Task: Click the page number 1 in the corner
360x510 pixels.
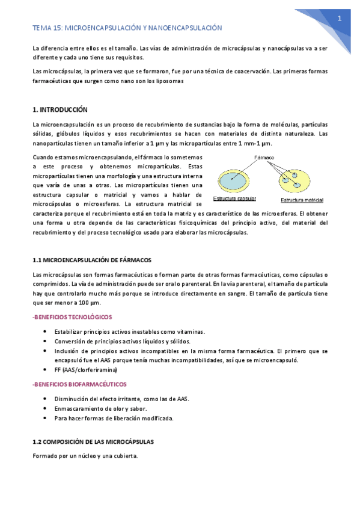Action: (340, 18)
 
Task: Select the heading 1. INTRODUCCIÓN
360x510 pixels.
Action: (59, 110)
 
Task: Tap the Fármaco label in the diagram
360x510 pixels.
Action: (264, 158)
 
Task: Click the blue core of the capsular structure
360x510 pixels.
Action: (234, 179)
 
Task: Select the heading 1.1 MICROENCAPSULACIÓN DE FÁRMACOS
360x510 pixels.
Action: (91, 260)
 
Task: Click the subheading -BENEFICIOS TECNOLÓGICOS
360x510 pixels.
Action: (72, 317)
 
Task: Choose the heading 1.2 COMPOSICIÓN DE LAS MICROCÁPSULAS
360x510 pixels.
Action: (93, 441)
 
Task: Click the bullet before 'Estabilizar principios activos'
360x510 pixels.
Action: (46, 331)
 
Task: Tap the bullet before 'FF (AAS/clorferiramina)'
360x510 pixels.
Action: (46, 369)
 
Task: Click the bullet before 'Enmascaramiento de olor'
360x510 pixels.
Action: (46, 408)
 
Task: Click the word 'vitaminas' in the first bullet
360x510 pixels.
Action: (191, 331)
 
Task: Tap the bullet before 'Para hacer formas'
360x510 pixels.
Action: (46, 417)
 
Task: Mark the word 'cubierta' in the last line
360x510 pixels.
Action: (125, 456)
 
